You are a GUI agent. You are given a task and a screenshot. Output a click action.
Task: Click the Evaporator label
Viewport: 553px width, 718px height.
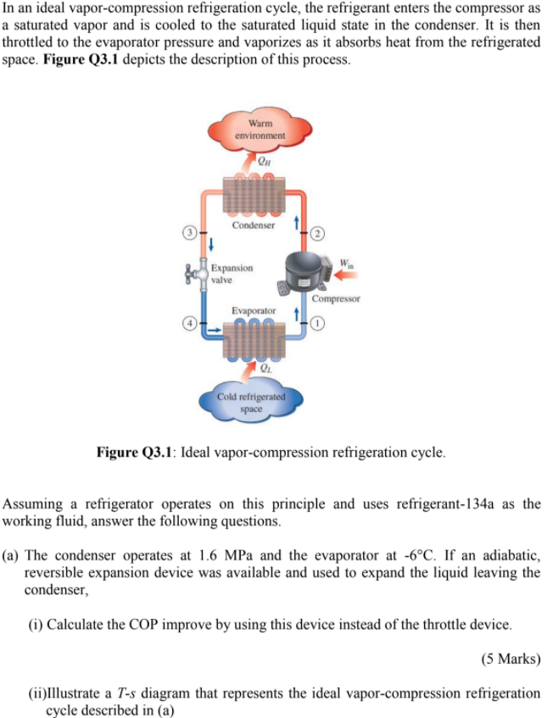pos(253,312)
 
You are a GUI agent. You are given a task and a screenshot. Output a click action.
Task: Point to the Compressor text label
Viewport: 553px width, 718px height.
pos(336,298)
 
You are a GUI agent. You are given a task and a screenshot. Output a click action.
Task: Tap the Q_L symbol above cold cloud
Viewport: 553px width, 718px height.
pos(265,368)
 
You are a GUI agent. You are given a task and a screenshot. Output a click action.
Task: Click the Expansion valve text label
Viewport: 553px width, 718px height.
pos(232,272)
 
